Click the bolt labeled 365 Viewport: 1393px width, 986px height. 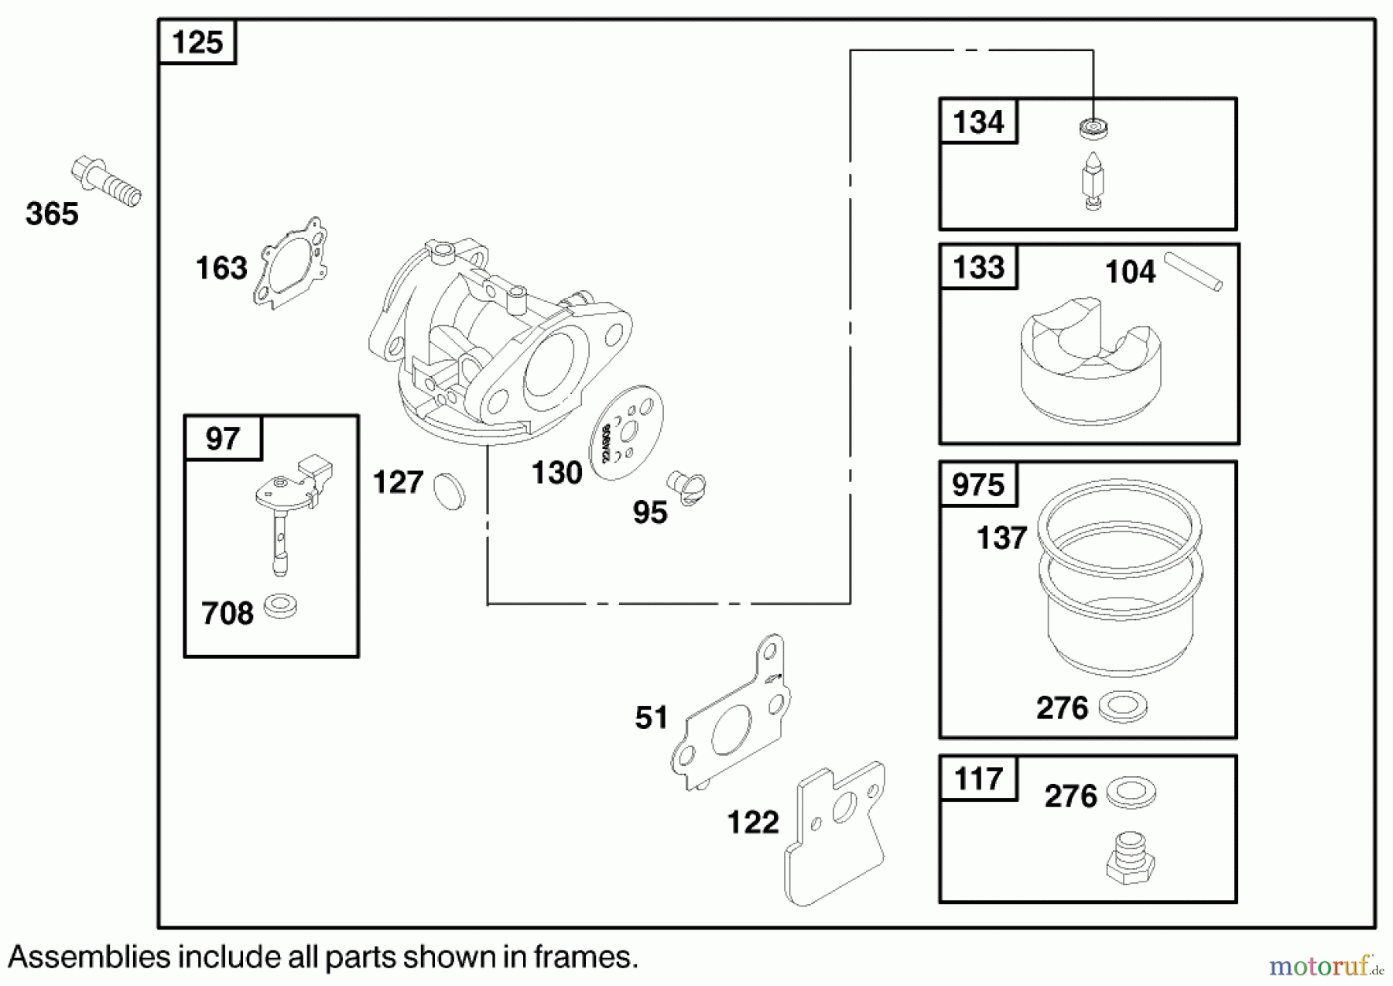click(106, 182)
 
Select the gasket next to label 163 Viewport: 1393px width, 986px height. click(290, 263)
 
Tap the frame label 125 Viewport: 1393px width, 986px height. click(197, 42)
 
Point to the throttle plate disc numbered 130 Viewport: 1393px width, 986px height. click(627, 433)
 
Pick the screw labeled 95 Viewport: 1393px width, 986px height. click(686, 488)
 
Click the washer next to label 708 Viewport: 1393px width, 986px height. click(279, 605)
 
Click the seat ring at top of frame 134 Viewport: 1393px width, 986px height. click(1093, 128)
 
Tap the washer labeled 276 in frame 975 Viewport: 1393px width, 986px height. click(1123, 707)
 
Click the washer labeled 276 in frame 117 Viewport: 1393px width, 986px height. click(1131, 793)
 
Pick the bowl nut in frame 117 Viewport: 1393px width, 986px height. click(1130, 858)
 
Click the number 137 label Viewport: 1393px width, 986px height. click(1001, 538)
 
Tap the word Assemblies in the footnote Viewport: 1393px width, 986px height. click(89, 957)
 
